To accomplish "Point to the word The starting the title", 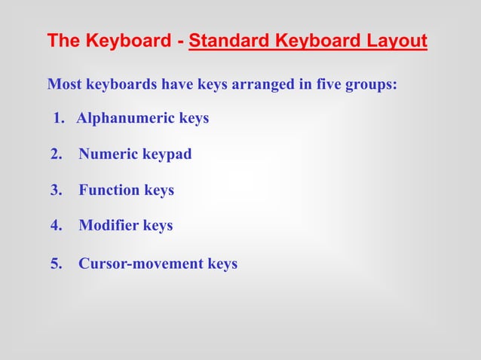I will click(x=63, y=41).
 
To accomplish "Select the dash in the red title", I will click(x=181, y=41).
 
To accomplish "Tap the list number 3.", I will click(x=55, y=191).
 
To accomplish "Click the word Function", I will click(x=110, y=191).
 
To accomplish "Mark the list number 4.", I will click(x=55, y=225).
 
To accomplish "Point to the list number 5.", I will click(x=55, y=264).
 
